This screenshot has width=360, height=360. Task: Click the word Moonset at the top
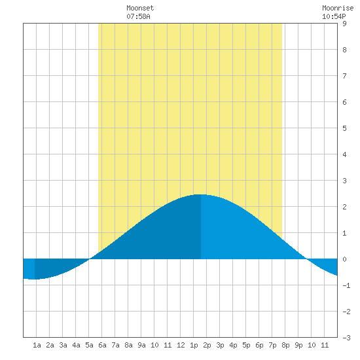[140, 8]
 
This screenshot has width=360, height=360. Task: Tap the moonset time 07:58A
[138, 16]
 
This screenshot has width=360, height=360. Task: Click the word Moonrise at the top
[338, 8]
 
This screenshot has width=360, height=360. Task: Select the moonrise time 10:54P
[334, 16]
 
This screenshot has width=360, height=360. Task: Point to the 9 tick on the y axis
[344, 24]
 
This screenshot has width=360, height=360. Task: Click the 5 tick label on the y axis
[344, 128]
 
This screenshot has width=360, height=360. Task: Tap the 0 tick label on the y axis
[344, 259]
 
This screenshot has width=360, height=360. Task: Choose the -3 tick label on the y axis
[346, 338]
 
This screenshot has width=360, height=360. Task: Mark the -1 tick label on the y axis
[346, 285]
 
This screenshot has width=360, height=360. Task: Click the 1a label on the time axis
[37, 345]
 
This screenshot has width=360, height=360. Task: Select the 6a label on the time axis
[102, 345]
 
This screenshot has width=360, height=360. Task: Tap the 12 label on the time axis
[181, 345]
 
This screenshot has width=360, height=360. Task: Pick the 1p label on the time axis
[194, 345]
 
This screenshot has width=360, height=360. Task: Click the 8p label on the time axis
[285, 345]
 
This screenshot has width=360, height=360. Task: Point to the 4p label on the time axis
[233, 345]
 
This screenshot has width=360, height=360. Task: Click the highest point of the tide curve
[201, 194]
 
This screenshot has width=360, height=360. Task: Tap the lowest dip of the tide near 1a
[35, 279]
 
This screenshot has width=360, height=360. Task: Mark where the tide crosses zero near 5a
[90, 259]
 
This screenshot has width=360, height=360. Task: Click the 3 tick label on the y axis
[344, 181]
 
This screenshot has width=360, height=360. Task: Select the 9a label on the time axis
[141, 345]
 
